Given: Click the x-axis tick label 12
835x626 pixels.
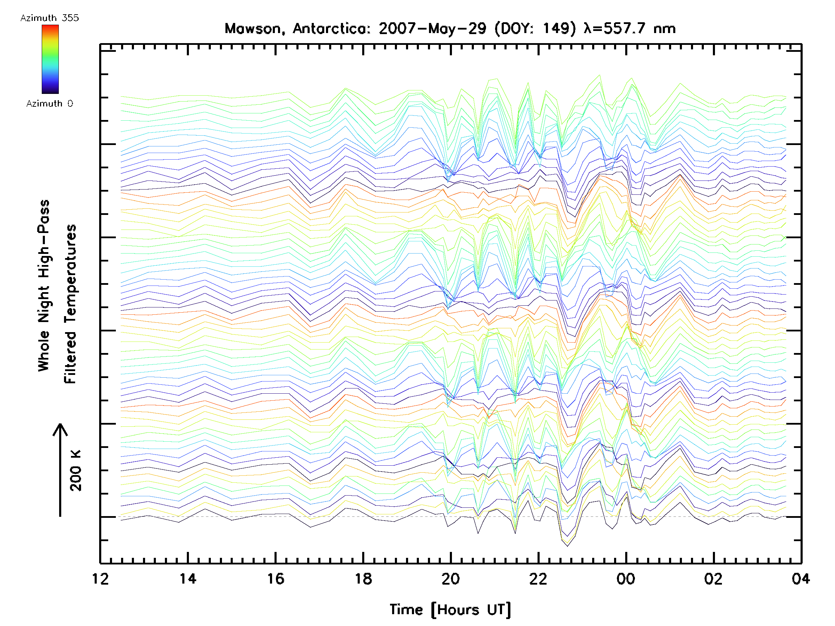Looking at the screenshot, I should [100, 579].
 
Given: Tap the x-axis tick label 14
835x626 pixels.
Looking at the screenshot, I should [188, 579].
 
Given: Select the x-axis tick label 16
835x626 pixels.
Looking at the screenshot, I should [276, 579].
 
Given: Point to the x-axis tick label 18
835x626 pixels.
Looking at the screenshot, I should [363, 579].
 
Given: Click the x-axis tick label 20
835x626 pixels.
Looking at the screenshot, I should [451, 579].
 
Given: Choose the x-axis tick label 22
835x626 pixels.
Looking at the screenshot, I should [538, 579].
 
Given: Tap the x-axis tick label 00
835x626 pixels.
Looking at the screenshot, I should [626, 579].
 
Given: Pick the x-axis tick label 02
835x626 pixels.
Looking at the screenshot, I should [714, 579].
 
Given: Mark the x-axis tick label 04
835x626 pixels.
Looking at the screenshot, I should [801, 579].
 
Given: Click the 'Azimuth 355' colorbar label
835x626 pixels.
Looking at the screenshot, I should [49, 18].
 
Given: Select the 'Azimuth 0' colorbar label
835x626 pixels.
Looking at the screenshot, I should [49, 103].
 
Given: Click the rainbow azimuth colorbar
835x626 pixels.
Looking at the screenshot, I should [50, 59].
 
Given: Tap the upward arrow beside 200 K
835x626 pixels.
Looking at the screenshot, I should [60, 470].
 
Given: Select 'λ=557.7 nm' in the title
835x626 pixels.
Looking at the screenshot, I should [629, 29].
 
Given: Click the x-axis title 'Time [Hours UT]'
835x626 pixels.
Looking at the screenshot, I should [450, 610].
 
